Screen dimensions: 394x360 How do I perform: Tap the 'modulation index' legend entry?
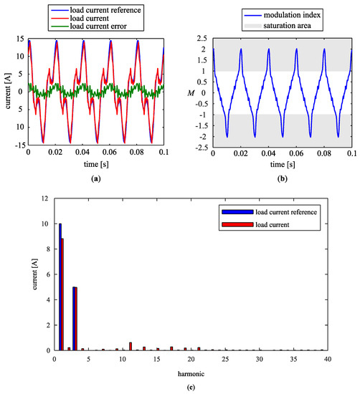tap(280, 14)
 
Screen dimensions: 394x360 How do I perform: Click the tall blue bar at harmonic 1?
tap(60, 287)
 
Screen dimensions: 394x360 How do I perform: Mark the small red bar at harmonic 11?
tap(131, 346)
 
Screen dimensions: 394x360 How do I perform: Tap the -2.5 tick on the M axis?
tap(200, 149)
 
